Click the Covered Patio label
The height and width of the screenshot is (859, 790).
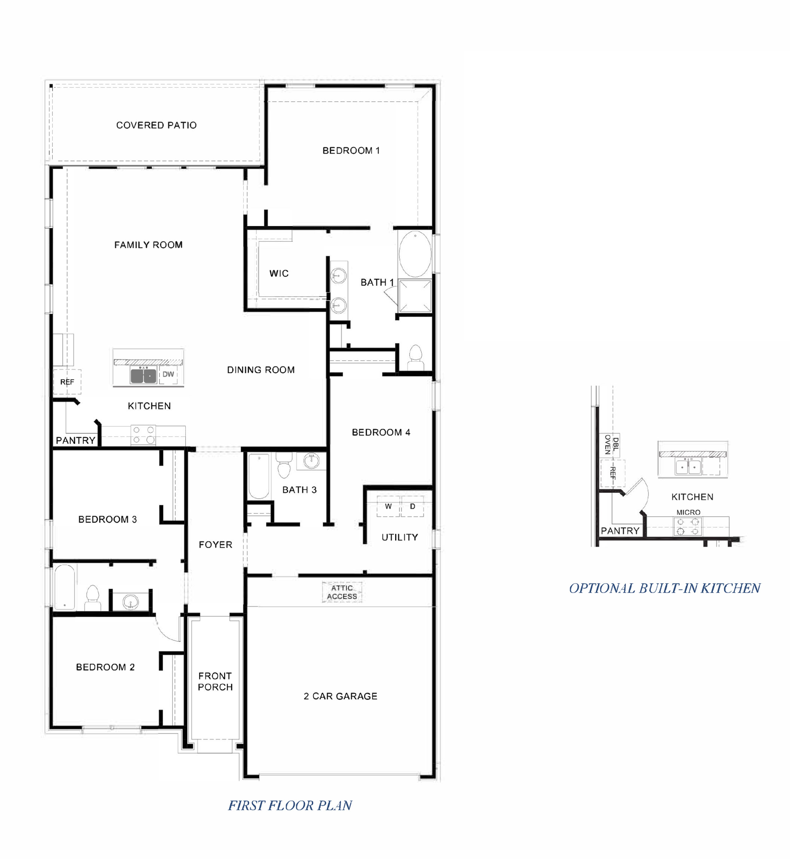[156, 125]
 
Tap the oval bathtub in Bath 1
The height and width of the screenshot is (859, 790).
[415, 254]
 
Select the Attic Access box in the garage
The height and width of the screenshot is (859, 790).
[342, 592]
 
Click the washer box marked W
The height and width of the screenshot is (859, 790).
[388, 507]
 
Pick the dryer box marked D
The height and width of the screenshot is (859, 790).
[412, 507]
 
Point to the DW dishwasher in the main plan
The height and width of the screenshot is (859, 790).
[168, 374]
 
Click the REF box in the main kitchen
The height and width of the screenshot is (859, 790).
[67, 382]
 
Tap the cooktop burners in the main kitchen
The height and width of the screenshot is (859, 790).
[143, 435]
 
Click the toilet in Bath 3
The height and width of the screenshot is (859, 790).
[284, 465]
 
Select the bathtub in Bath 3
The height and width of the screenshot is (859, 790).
[259, 476]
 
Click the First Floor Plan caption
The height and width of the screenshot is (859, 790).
[290, 805]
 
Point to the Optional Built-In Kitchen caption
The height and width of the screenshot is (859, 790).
[665, 588]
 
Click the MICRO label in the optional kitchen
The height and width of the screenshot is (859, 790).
[688, 513]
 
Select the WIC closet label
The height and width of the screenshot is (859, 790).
[279, 273]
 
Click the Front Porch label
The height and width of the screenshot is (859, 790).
[215, 682]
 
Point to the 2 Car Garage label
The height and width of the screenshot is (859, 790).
[340, 696]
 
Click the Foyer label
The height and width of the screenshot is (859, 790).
[216, 544]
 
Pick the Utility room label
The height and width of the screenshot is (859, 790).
[400, 537]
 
